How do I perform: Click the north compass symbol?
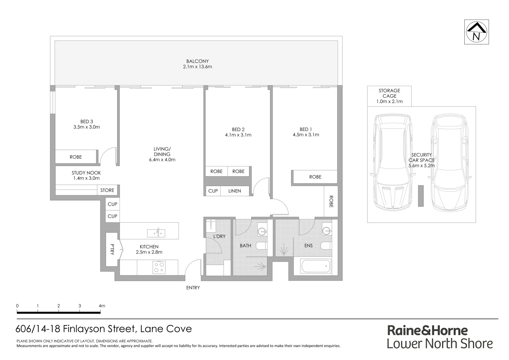(476, 32)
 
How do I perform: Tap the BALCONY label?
(197, 61)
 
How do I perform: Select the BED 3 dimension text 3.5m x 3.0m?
(87, 127)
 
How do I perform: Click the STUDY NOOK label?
(86, 173)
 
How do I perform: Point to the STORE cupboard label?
(107, 190)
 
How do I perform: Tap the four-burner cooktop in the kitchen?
(159, 267)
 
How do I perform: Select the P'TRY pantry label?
(112, 250)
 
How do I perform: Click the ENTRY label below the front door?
(193, 288)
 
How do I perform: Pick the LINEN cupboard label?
(235, 191)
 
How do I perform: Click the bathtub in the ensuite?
(315, 266)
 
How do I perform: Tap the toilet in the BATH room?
(261, 246)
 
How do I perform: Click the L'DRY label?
(219, 236)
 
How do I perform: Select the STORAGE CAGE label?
(389, 93)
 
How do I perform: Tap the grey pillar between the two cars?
(421, 196)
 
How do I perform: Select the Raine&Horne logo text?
(427, 330)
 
